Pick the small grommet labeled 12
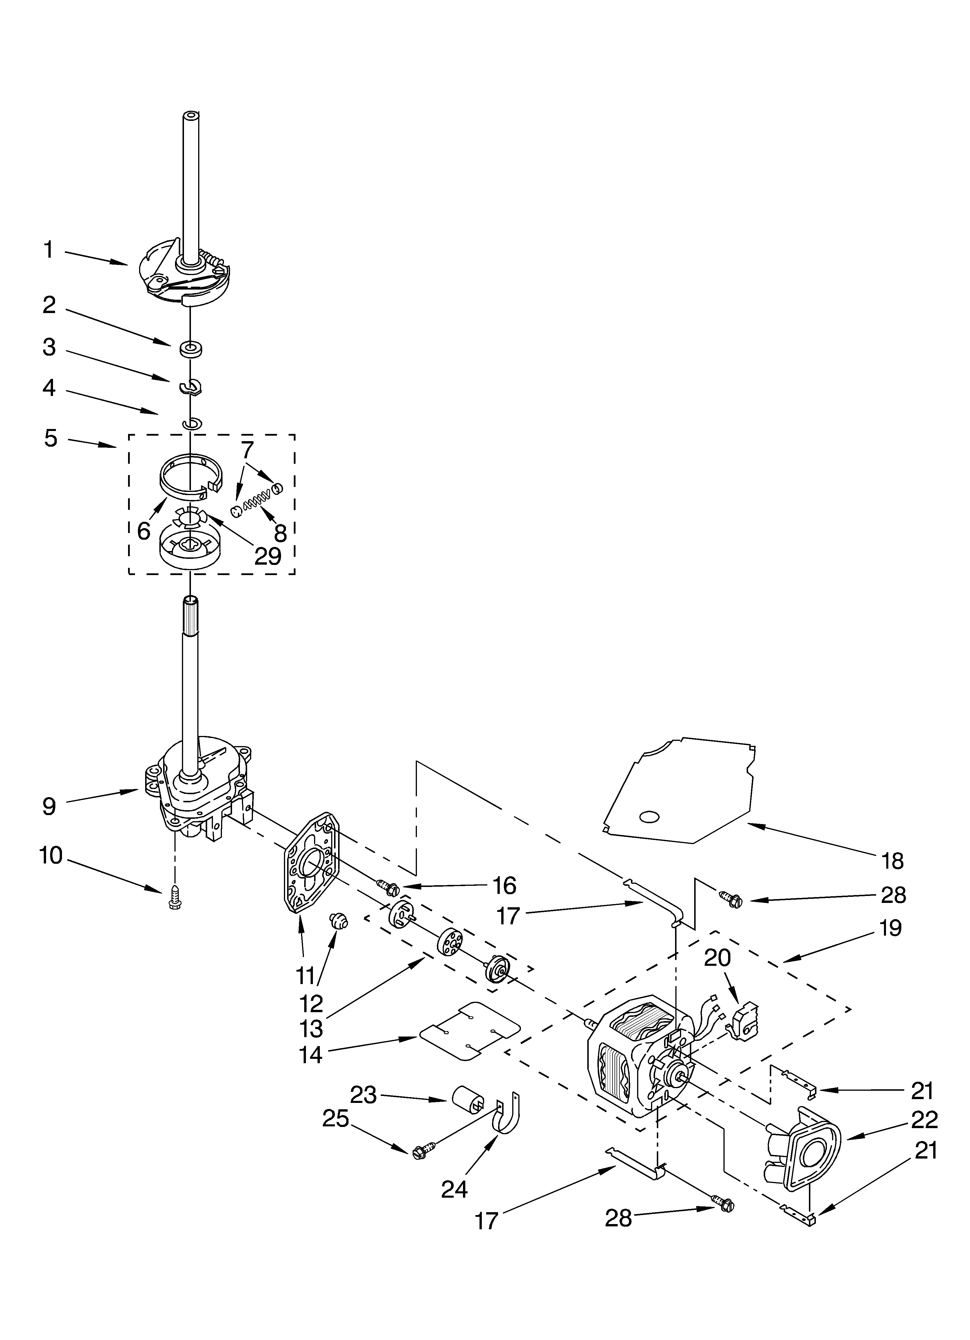(x=339, y=921)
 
